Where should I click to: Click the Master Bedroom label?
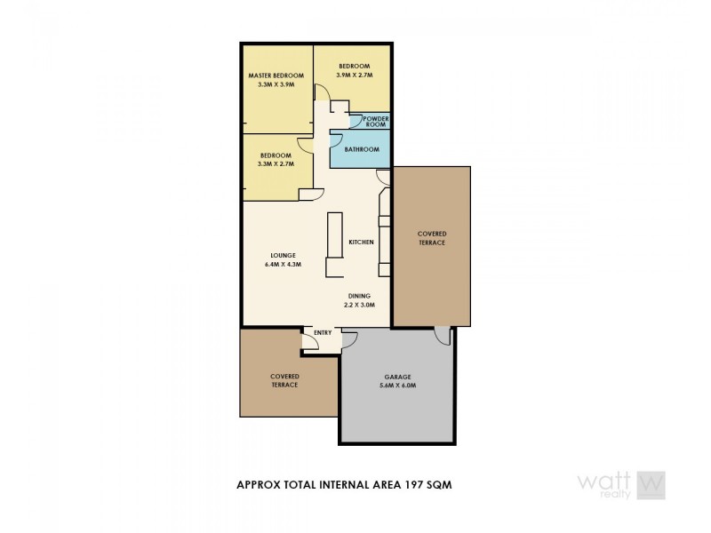coord(276,76)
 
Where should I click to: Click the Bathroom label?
coord(362,149)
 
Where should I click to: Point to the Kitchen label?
coord(361,243)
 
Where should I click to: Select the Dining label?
coord(360,296)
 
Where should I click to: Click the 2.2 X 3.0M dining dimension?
coord(360,305)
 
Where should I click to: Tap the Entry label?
coord(323,333)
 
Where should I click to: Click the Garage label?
coord(397,377)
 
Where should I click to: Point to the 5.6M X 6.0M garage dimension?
coord(397,386)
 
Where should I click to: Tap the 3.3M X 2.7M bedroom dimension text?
coord(276,164)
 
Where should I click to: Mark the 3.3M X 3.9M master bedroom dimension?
coord(276,84)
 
